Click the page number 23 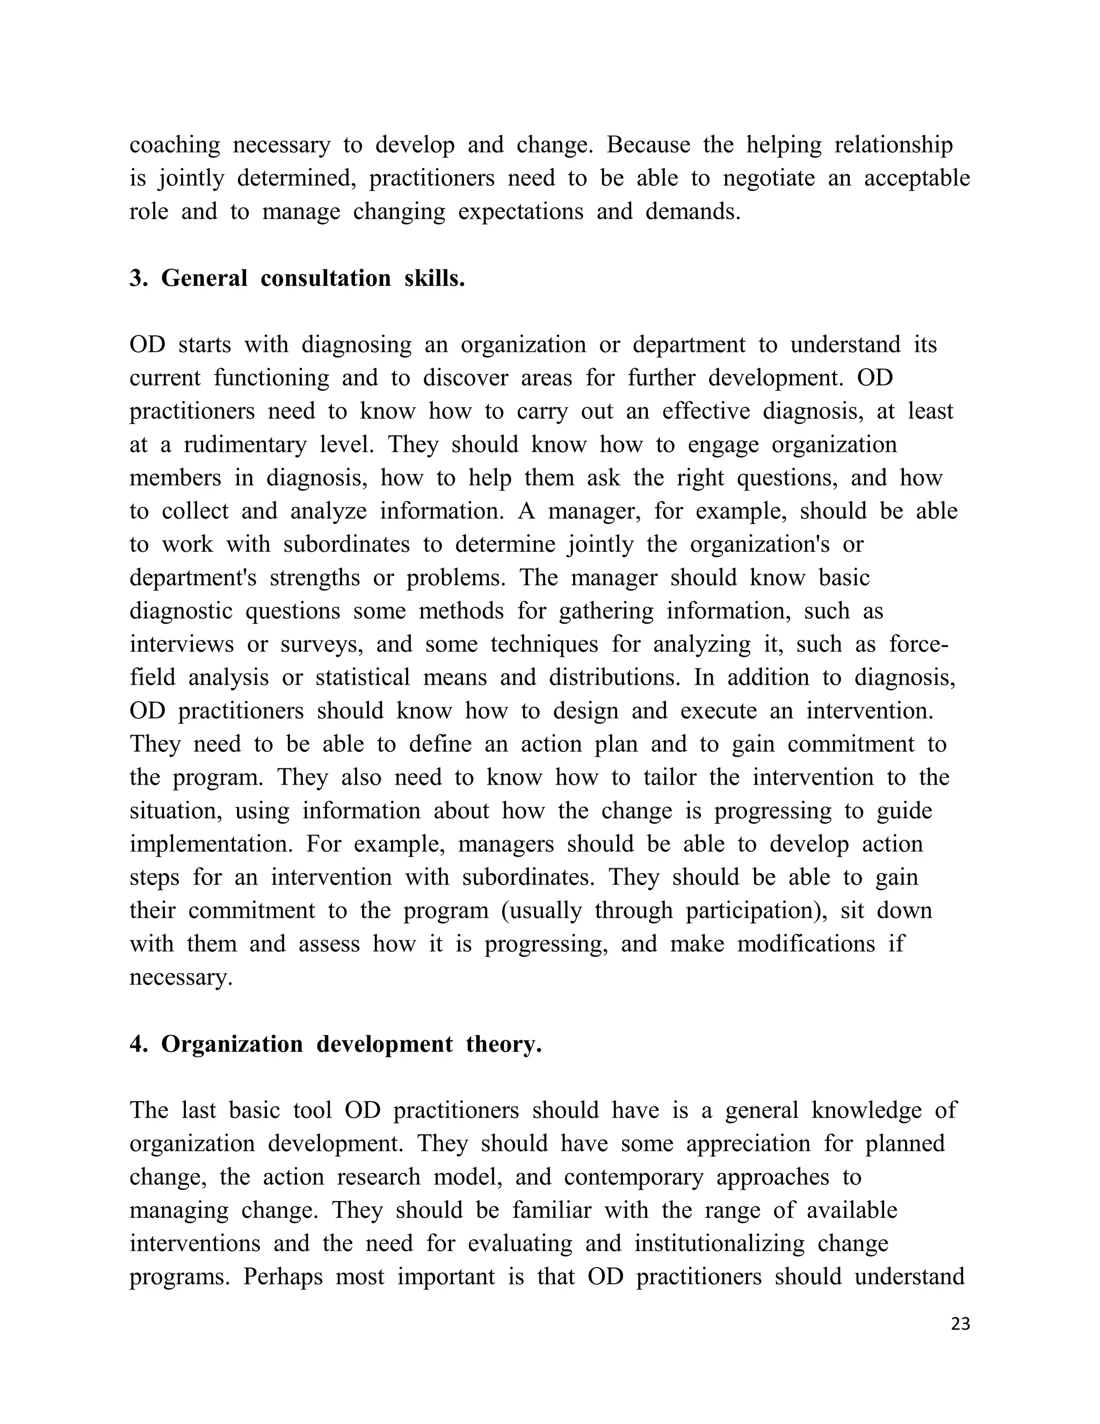click(960, 1324)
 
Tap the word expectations click(520, 212)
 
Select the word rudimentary click(244, 445)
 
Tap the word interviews click(181, 644)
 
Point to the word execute click(718, 711)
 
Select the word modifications click(806, 944)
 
